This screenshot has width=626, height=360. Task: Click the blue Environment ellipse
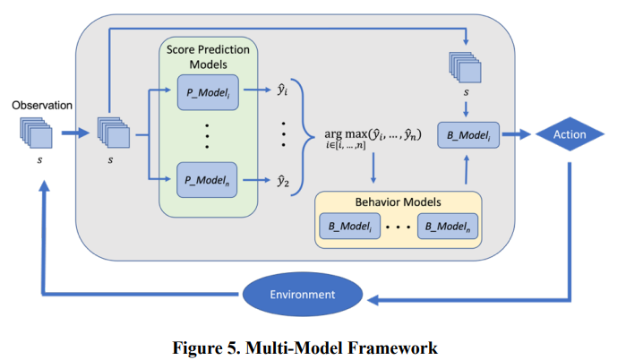tap(303, 294)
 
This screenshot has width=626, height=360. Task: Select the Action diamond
tap(570, 134)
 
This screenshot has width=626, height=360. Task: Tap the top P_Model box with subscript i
tap(208, 92)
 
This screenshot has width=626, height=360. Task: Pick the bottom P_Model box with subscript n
tap(207, 180)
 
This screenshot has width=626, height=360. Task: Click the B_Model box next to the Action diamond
tap(468, 135)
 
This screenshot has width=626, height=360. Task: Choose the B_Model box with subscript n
tap(448, 227)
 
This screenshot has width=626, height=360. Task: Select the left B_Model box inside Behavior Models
tap(350, 227)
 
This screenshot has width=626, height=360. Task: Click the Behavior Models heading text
tap(398, 202)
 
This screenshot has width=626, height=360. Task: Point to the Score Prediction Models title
tap(208, 56)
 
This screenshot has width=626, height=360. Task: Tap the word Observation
tap(42, 106)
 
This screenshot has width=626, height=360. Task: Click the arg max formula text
tap(373, 138)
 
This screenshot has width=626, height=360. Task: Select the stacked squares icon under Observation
tap(36, 133)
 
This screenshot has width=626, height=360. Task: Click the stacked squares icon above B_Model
tap(465, 67)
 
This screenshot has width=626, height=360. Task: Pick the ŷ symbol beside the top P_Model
tap(282, 90)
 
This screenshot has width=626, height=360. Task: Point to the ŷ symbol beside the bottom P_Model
tap(283, 182)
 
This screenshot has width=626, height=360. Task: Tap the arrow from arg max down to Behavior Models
tap(373, 168)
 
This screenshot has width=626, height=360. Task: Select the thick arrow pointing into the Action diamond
tap(517, 134)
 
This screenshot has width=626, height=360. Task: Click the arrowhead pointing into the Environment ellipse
tap(373, 300)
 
